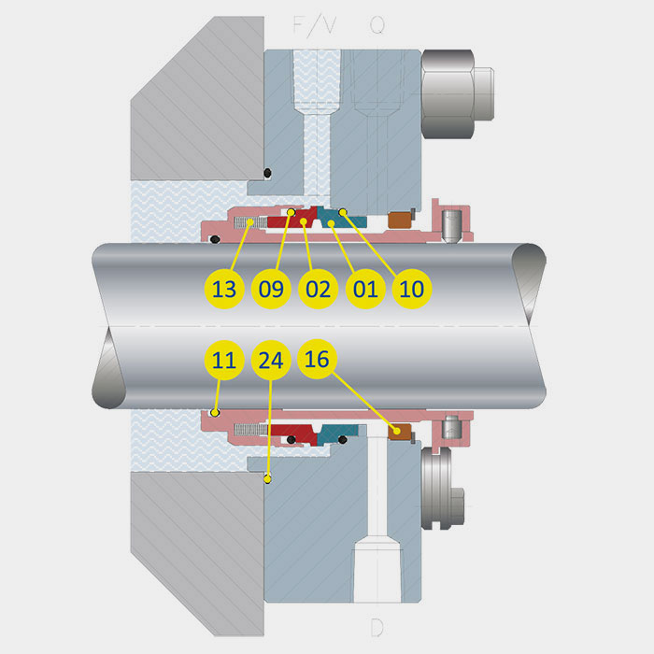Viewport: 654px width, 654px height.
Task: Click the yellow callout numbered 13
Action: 224,289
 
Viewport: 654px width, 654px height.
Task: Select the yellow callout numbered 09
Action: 271,289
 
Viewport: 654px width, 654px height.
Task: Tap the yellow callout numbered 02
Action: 319,289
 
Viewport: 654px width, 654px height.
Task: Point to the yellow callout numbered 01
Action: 365,289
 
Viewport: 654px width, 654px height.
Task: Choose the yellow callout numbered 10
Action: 412,289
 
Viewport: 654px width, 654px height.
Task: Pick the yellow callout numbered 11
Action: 224,360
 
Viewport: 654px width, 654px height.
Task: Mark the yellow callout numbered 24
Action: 271,360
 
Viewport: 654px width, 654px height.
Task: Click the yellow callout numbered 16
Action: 317,359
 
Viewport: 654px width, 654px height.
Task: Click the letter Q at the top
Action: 377,25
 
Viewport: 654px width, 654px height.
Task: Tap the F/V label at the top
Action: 315,25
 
